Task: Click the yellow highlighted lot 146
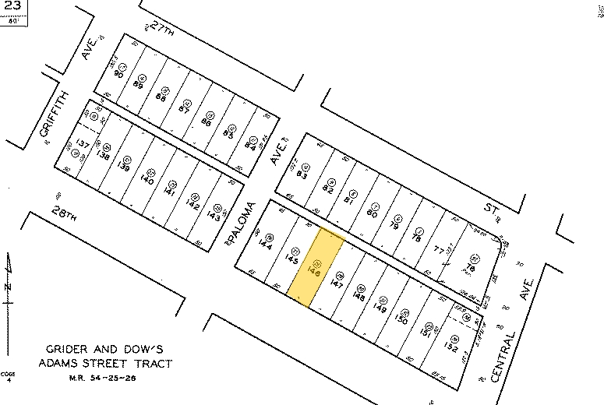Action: [x=316, y=268]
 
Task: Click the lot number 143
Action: [x=214, y=216]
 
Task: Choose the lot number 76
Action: [x=470, y=269]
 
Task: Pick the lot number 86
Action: [x=207, y=122]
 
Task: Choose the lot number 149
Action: [x=381, y=307]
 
